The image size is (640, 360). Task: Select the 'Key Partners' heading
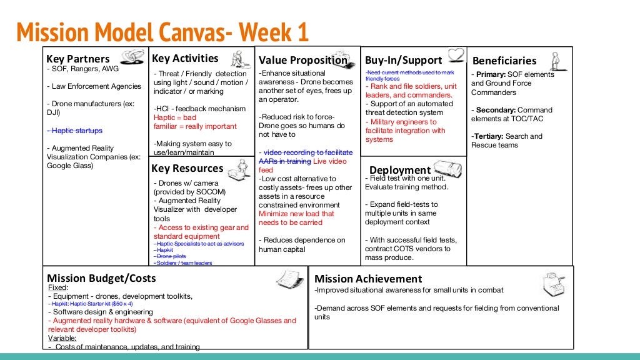tap(78, 59)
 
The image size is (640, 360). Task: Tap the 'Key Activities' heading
tap(185, 58)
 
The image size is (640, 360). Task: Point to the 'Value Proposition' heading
tap(303, 61)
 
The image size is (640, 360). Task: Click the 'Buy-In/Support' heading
tap(403, 61)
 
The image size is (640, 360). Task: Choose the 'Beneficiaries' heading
tap(504, 61)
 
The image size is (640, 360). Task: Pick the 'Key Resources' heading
tap(187, 168)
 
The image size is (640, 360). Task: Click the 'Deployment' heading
tap(399, 170)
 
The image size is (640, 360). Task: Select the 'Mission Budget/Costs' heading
tap(101, 278)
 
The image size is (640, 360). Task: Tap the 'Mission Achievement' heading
tap(368, 279)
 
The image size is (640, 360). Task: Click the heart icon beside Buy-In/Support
tap(457, 55)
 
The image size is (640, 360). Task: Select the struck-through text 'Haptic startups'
tap(74, 131)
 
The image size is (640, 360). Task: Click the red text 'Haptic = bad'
tap(174, 117)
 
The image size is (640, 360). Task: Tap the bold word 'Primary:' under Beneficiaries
tap(491, 74)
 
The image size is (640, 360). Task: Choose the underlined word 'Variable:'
tap(62, 338)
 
